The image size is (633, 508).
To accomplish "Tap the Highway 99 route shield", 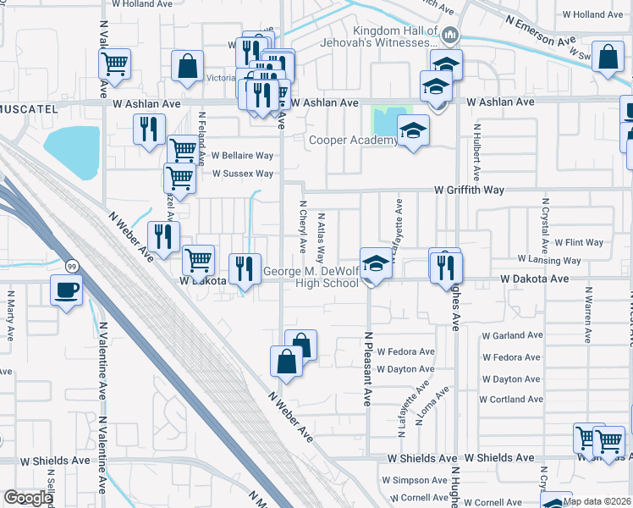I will coord(74,266).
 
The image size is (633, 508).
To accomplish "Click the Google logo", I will coord(28,498).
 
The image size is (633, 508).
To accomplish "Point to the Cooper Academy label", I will coord(353,140).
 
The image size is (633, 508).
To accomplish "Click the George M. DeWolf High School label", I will coord(311,278).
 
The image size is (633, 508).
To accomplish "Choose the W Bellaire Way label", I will coord(242,156).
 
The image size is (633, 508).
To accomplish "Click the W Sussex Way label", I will coord(242,174).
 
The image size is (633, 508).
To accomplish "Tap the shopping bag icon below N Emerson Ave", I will coord(608,58).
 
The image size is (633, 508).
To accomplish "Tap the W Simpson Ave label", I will coord(420,480).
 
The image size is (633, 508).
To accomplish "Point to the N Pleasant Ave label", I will coord(368,368).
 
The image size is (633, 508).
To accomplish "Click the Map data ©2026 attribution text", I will coord(597,501).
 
